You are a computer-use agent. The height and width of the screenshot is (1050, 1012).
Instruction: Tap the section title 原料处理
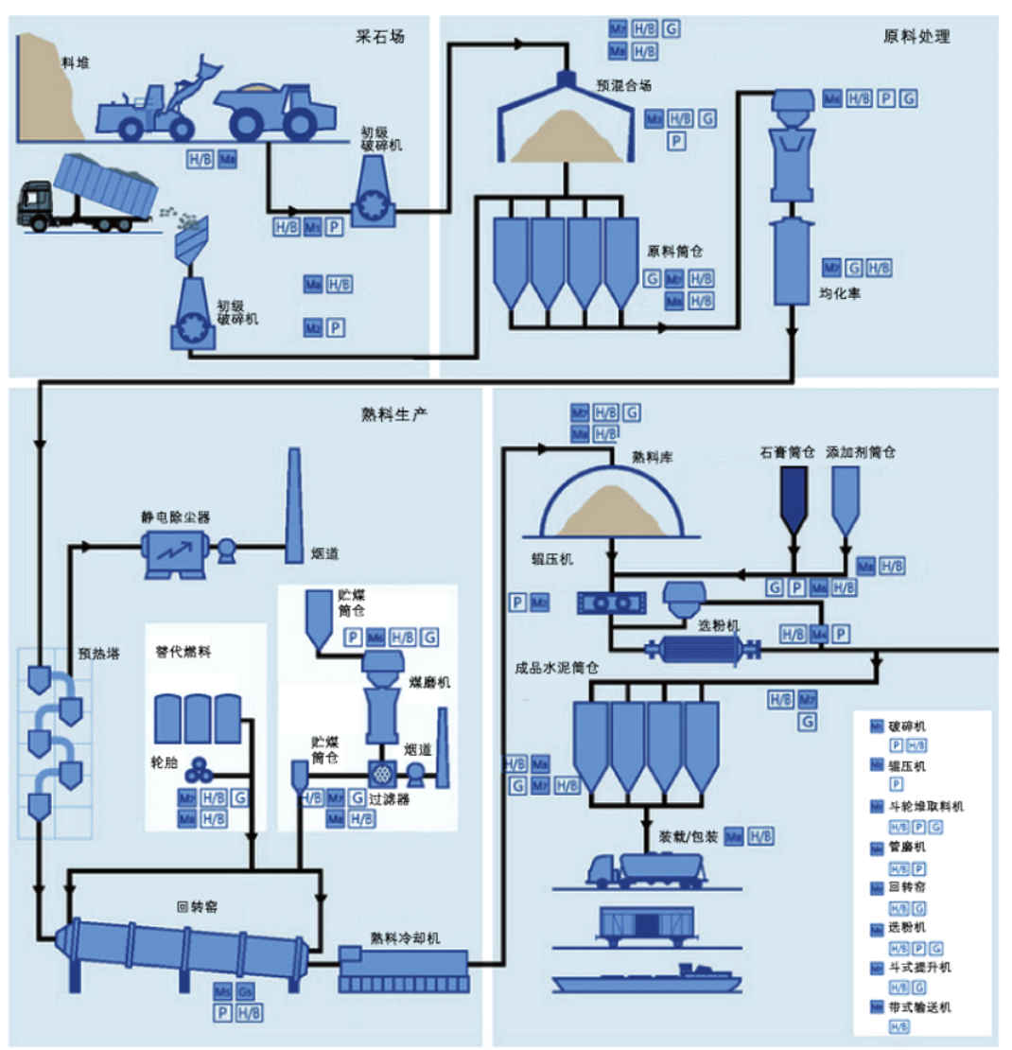(x=916, y=37)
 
